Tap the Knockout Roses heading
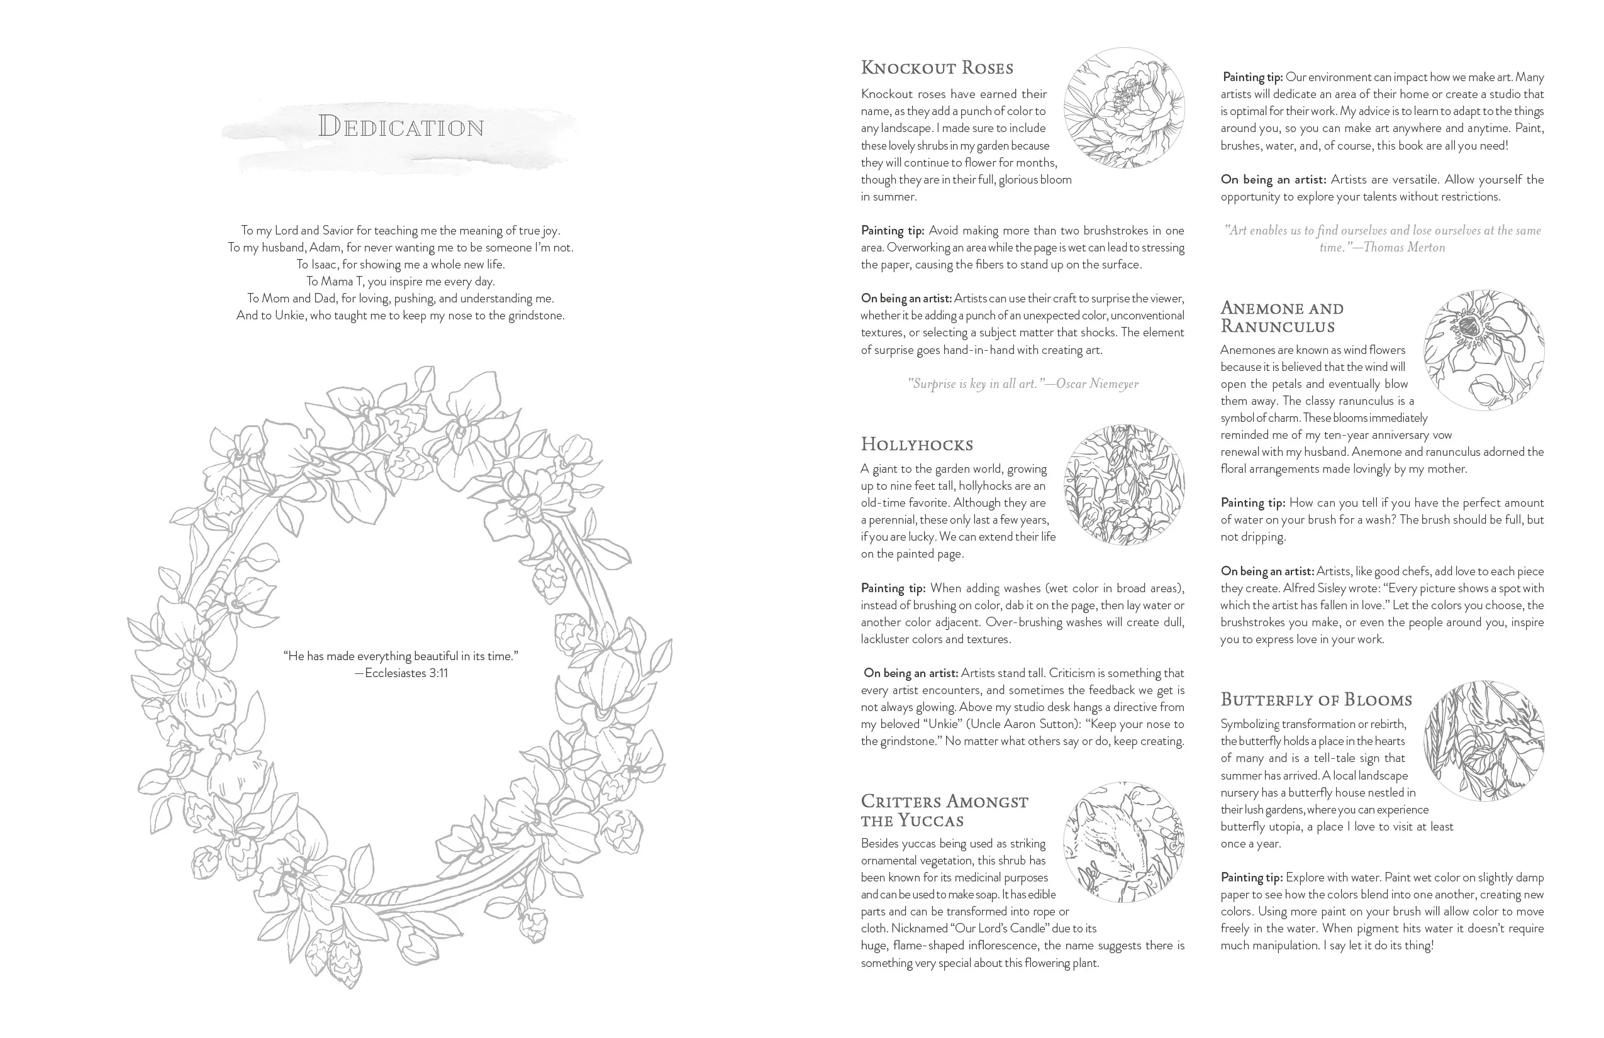point(937,68)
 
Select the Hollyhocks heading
point(916,444)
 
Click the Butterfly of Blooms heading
point(1315,700)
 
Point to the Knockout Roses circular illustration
point(1123,108)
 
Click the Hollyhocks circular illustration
point(1123,484)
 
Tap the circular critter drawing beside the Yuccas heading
point(1123,841)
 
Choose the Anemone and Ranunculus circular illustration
point(1483,350)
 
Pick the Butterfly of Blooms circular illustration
point(1483,740)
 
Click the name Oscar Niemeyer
point(1097,384)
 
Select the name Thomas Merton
point(1404,247)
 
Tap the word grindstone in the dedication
point(536,315)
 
